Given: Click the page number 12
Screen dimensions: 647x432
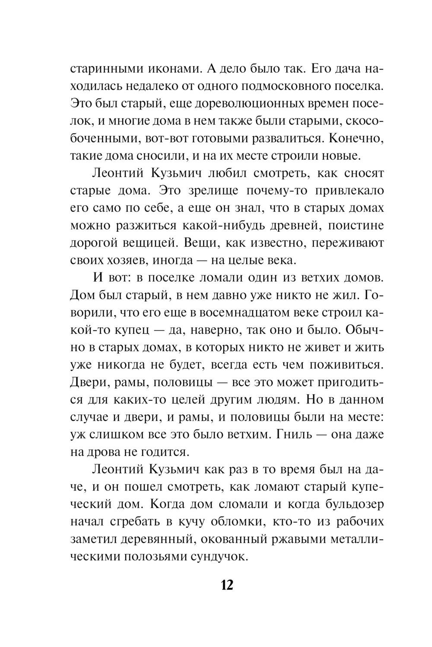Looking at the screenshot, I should pyautogui.click(x=227, y=585).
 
